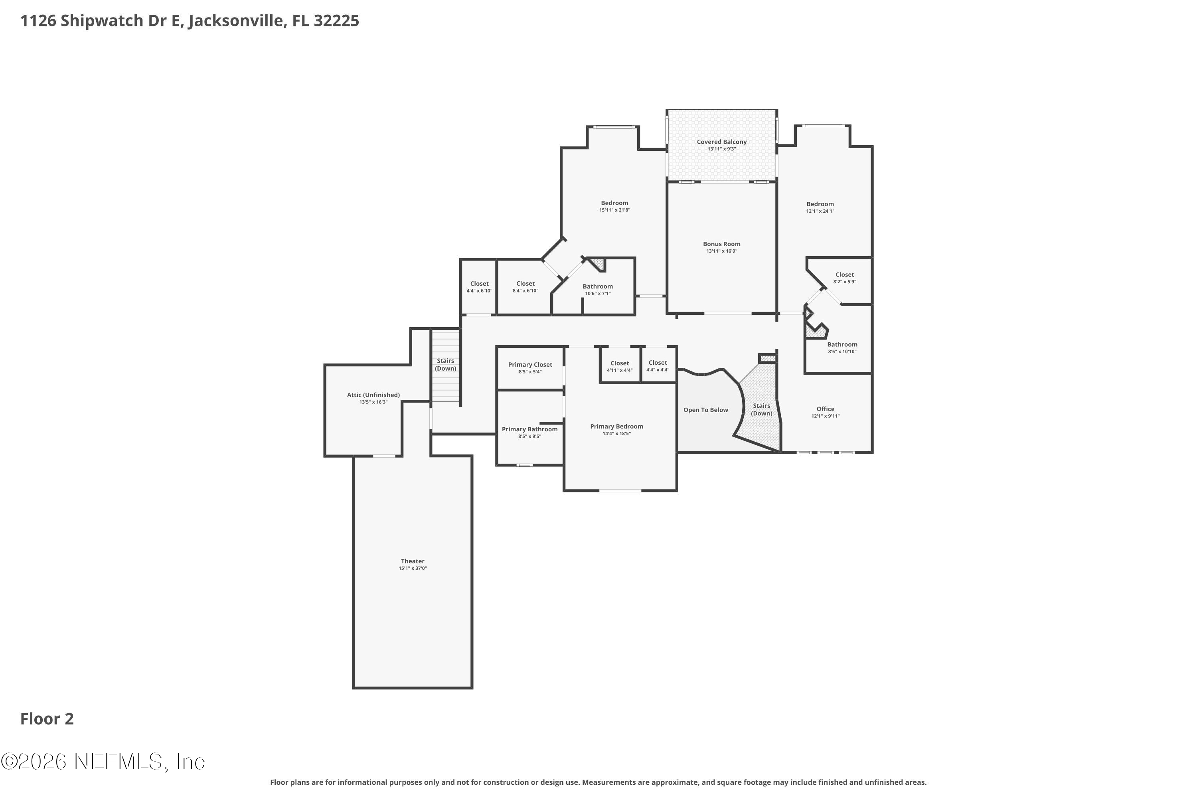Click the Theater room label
pos(412,561)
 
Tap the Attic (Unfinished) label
pos(373,395)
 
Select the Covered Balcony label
pos(722,142)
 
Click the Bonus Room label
pos(722,244)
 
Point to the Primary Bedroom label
pos(616,427)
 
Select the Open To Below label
pos(705,410)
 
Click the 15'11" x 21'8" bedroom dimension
pos(614,210)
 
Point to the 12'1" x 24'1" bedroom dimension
pos(820,211)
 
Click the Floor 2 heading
pos(47,719)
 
